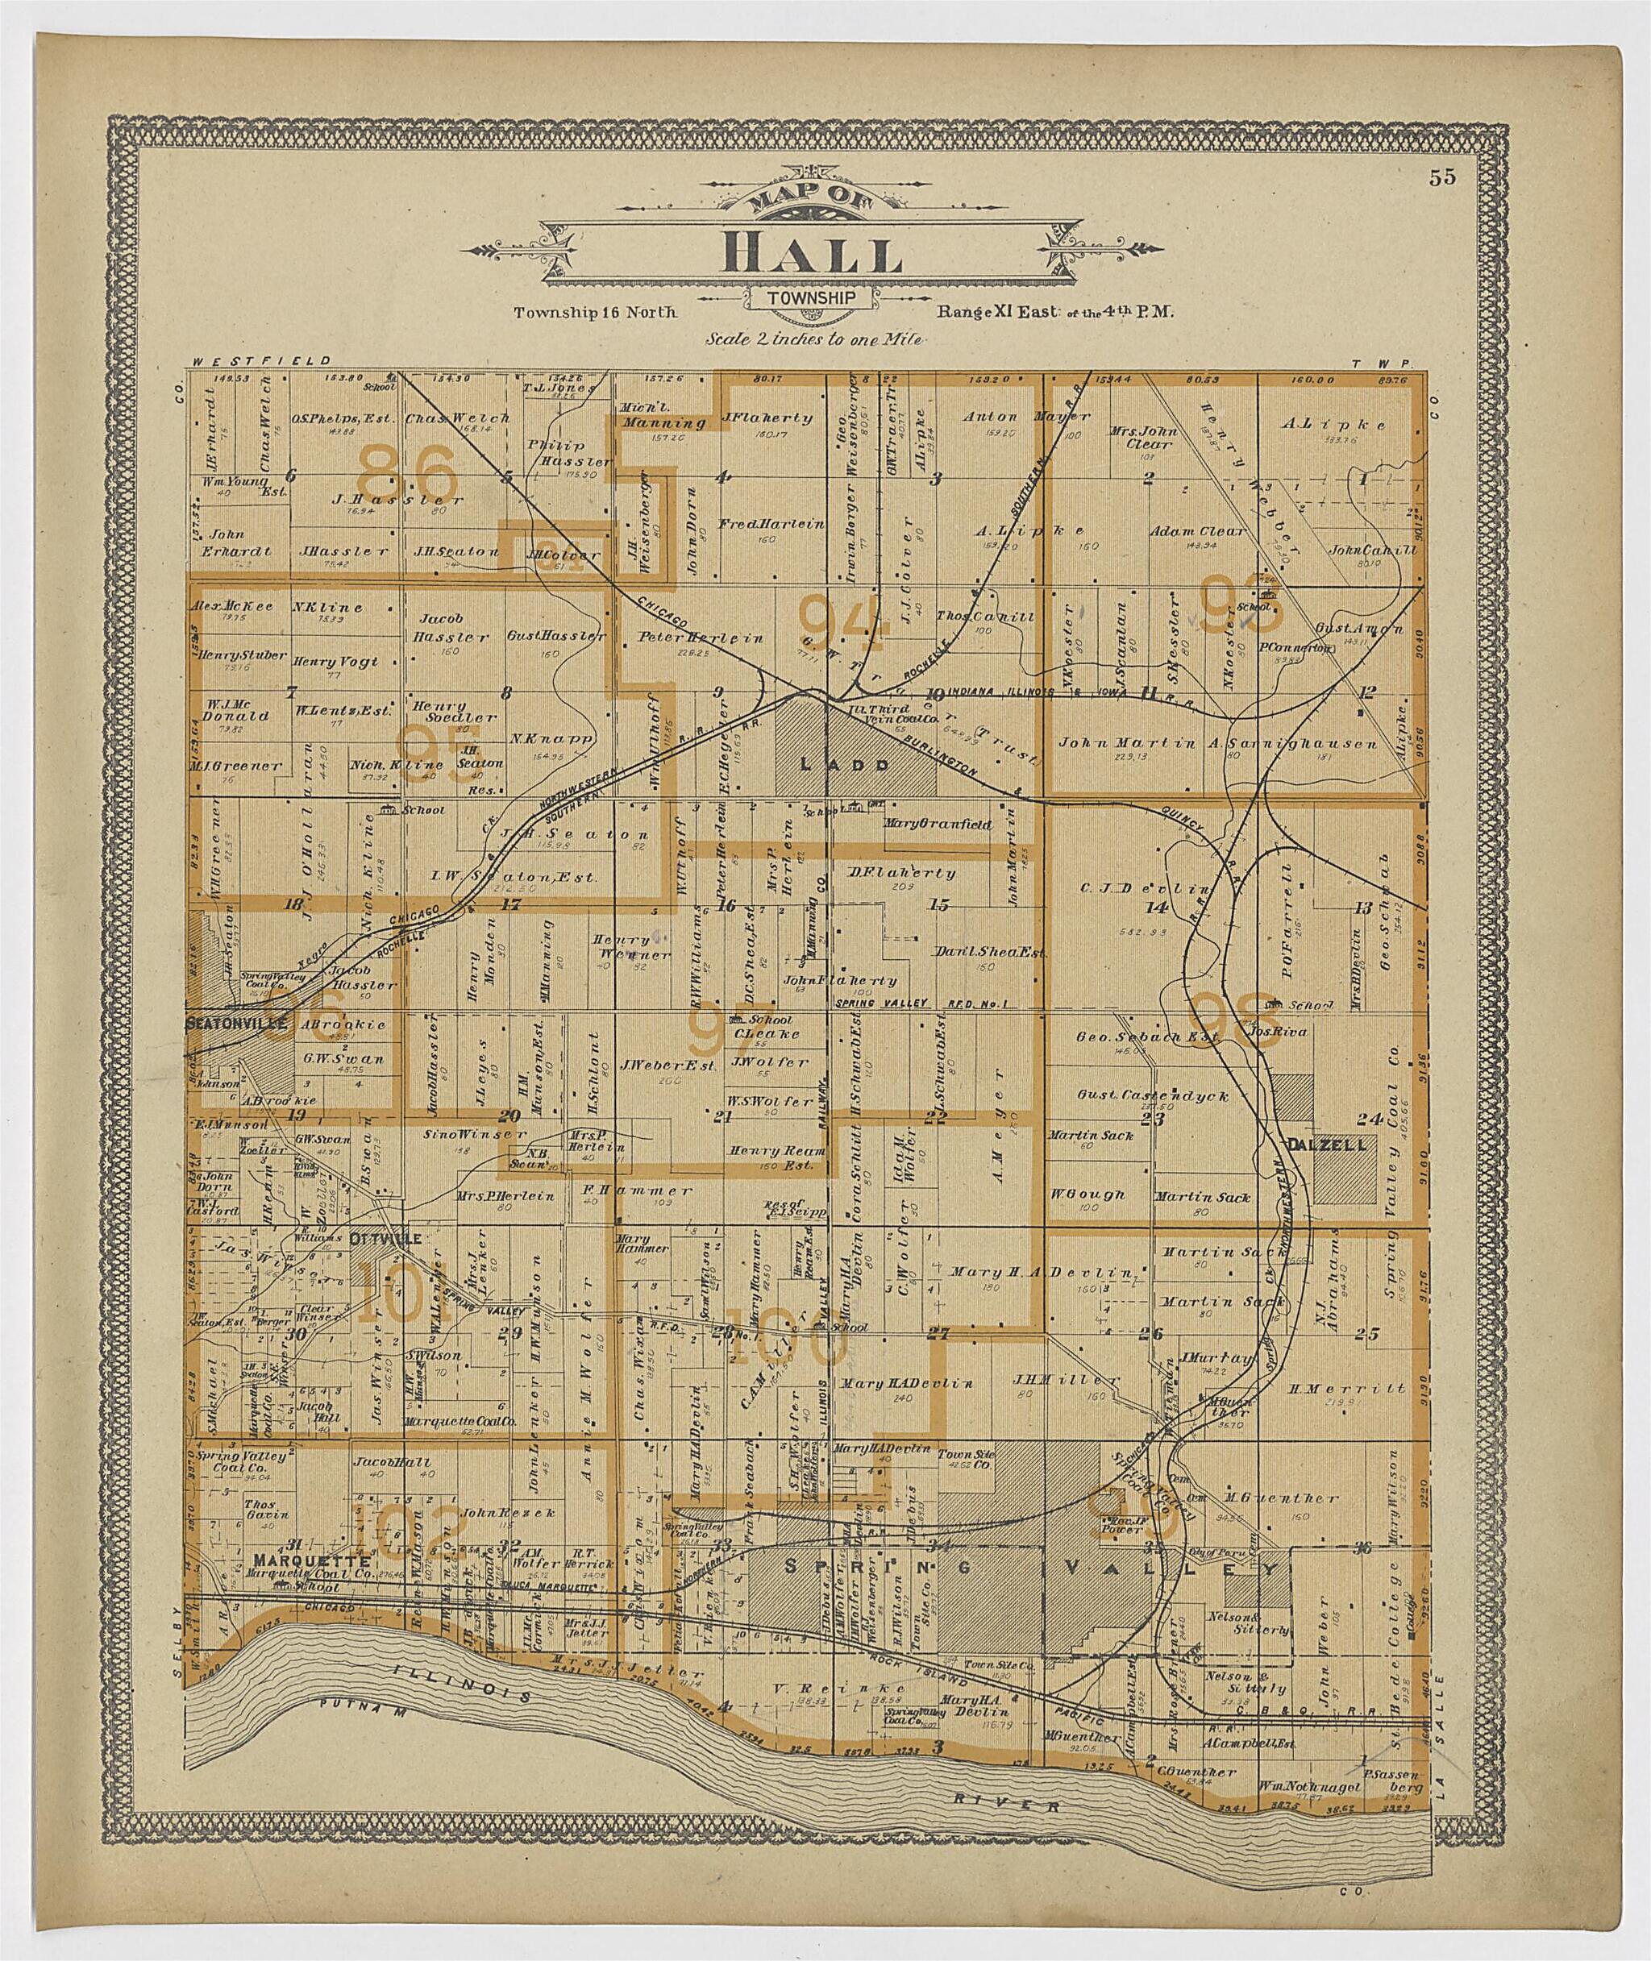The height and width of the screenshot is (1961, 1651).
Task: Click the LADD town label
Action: click(x=830, y=764)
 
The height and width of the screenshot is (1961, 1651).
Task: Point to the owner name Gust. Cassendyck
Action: click(x=1152, y=1095)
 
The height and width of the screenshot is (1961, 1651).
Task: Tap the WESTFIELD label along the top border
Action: click(x=261, y=360)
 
